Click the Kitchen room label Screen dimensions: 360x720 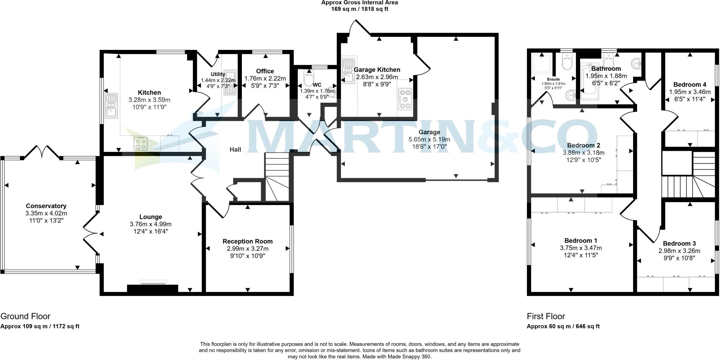tap(149, 93)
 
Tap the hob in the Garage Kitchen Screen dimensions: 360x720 tap(405, 99)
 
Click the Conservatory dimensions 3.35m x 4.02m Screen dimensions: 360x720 tap(46, 213)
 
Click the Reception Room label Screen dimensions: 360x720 tap(247, 242)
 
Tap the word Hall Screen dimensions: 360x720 tap(235, 150)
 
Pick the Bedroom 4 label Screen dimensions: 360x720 tap(689, 85)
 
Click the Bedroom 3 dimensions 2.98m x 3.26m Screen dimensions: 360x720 tap(679, 251)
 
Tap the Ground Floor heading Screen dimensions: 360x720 tap(25, 316)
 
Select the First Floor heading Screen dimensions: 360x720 tap(546, 316)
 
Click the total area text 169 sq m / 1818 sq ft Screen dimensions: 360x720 tap(360, 9)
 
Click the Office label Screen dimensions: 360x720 tap(265, 71)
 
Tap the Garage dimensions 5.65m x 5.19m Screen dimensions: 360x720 tap(429, 140)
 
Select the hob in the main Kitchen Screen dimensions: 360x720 tap(141, 143)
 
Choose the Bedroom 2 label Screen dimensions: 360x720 tap(584, 146)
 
